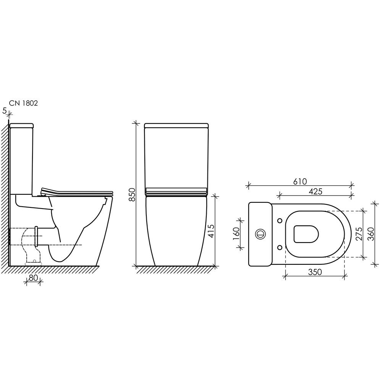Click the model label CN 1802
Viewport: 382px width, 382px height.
pyautogui.click(x=23, y=103)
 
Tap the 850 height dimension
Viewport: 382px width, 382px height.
pyautogui.click(x=132, y=194)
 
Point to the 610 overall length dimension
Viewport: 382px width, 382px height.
pyautogui.click(x=300, y=181)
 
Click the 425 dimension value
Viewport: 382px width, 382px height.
pyautogui.click(x=316, y=191)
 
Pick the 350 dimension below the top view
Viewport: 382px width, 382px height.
pyautogui.click(x=315, y=272)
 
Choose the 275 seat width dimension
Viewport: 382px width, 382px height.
pyautogui.click(x=359, y=234)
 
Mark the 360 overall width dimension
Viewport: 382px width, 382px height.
pyautogui.click(x=371, y=234)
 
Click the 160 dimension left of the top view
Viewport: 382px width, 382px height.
pyautogui.click(x=236, y=234)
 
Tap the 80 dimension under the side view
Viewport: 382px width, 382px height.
pyautogui.click(x=33, y=278)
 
